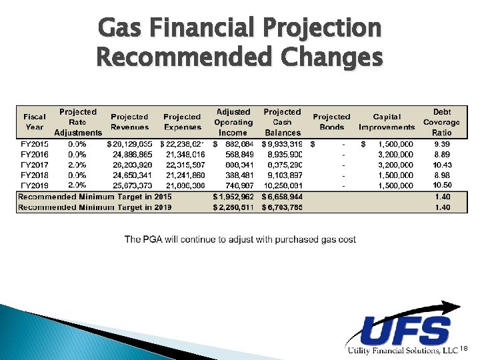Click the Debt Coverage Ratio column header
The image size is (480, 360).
tap(441, 122)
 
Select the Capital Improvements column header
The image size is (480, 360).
tap(387, 122)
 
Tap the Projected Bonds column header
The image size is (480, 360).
tap(331, 122)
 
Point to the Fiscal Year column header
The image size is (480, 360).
tap(35, 122)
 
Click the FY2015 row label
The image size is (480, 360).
tap(35, 143)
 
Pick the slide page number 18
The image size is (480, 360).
tap(465, 349)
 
